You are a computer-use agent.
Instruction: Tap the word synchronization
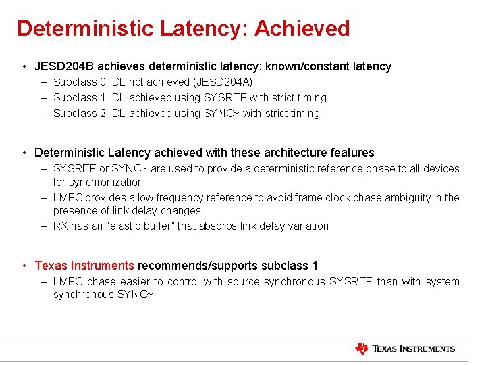pyautogui.click(x=99, y=182)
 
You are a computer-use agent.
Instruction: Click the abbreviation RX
pyautogui.click(x=61, y=226)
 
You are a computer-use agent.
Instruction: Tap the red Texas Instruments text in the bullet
pyautogui.click(x=84, y=266)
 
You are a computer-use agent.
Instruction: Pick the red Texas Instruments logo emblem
pyautogui.click(x=362, y=349)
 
